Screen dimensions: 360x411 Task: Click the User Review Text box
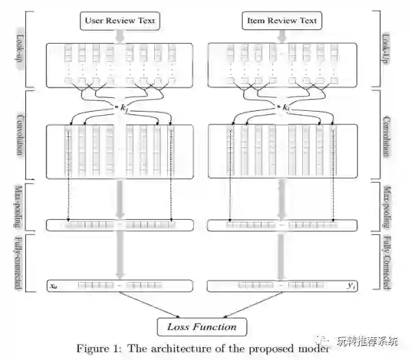coord(119,21)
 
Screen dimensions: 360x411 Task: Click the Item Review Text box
coord(282,21)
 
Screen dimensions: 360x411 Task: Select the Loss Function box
coord(201,326)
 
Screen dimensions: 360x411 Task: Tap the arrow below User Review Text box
coord(119,36)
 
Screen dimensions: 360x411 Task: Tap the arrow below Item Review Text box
coord(282,36)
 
